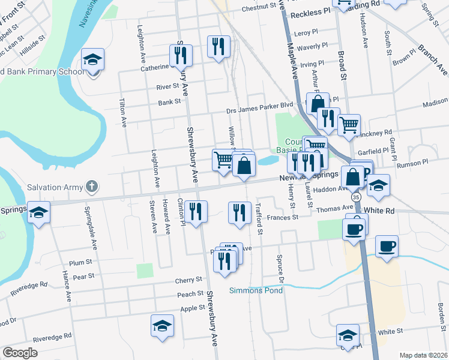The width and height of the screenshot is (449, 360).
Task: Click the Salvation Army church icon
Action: [x=91, y=187]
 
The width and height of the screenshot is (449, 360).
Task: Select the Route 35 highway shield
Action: [x=357, y=197]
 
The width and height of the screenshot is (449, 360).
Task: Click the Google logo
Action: [x=20, y=353]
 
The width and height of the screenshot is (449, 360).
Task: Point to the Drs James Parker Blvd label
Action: [x=259, y=104]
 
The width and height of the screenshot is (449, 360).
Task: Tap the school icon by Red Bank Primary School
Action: [x=93, y=60]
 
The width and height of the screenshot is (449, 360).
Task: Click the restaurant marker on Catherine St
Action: [x=180, y=56]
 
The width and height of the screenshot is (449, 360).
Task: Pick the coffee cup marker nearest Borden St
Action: [x=387, y=245]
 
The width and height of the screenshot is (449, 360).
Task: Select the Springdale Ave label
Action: [x=94, y=228]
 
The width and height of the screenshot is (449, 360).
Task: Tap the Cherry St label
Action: [x=188, y=280]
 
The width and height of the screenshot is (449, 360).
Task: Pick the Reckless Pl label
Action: [x=311, y=12]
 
